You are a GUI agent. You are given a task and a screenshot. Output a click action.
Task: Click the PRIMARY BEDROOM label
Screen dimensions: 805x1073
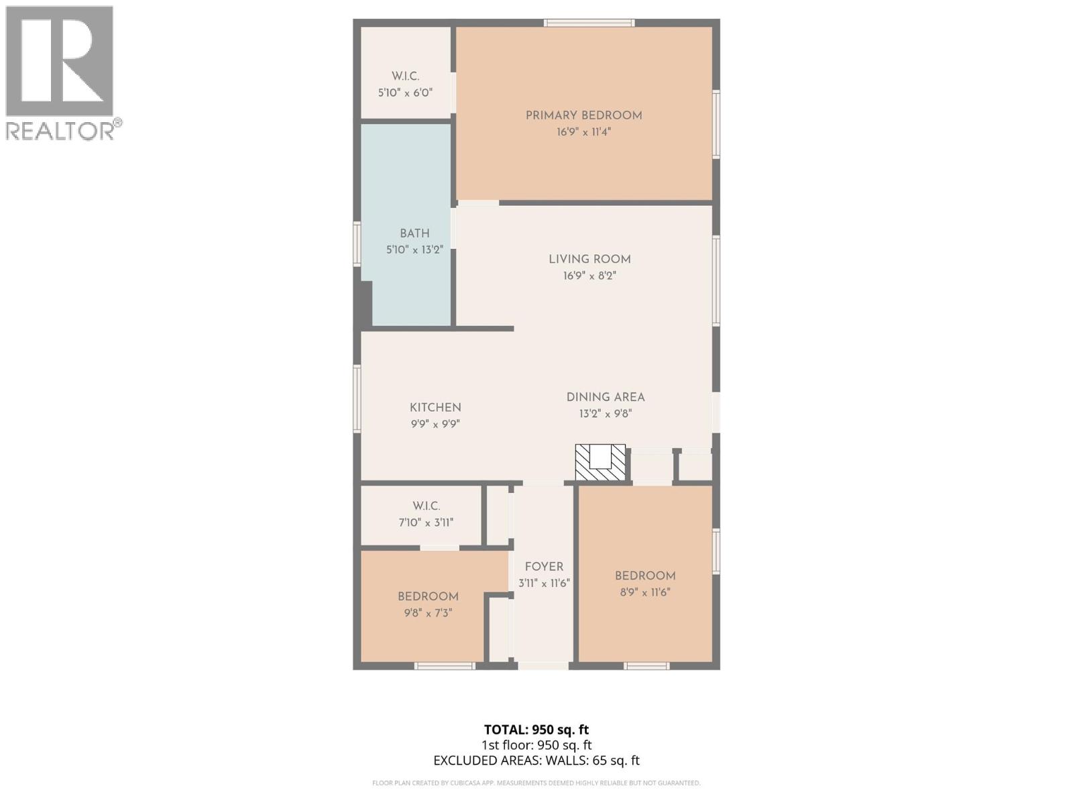point(583,115)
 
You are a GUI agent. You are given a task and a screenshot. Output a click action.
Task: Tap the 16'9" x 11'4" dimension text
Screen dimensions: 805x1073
point(583,132)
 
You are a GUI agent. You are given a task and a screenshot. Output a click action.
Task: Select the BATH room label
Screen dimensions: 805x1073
point(414,233)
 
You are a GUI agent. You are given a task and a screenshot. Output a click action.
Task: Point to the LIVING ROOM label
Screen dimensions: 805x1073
point(589,259)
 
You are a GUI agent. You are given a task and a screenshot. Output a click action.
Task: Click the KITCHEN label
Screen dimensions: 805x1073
point(435,407)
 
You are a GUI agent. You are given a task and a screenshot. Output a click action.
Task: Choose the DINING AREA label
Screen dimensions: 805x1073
point(605,397)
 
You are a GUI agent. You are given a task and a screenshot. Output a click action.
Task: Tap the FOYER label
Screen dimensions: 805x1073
point(544,567)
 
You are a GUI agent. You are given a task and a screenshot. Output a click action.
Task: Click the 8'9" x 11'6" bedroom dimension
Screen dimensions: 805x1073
point(644,592)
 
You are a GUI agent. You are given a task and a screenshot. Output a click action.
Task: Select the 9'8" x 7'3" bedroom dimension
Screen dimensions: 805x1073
point(428,612)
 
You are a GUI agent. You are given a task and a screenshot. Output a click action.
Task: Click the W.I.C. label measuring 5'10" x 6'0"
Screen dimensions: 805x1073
point(405,76)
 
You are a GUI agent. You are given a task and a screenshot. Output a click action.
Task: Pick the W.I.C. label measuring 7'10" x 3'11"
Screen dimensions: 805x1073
point(426,506)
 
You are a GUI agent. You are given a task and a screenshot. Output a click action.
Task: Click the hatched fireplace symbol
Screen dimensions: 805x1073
point(600,462)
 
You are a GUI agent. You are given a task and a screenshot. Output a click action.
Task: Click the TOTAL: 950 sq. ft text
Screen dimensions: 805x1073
point(536,729)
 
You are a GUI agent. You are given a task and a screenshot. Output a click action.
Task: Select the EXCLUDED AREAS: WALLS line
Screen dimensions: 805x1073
point(536,760)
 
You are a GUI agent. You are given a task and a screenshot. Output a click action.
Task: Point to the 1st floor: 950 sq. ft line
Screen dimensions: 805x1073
point(536,745)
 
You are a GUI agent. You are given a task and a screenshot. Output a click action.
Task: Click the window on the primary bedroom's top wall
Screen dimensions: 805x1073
point(589,23)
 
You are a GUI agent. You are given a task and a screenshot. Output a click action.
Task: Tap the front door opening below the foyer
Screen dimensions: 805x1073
point(543,665)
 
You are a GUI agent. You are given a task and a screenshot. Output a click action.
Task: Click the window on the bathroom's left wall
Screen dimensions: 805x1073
point(357,244)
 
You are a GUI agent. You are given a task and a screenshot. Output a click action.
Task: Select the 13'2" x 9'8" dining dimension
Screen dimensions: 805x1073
point(605,414)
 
